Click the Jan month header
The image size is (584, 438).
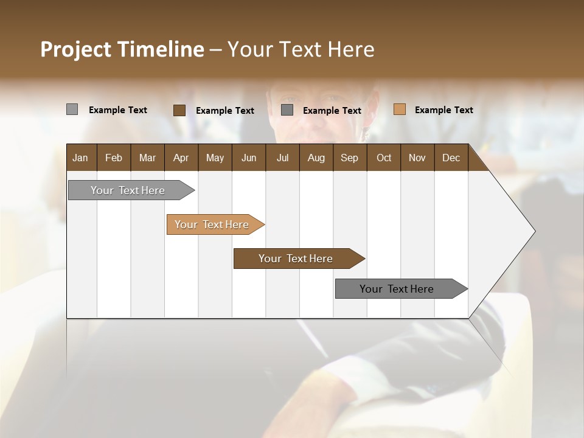(80, 158)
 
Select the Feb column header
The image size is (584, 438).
(114, 158)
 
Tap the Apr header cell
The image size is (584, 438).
(181, 158)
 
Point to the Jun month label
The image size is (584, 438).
(249, 158)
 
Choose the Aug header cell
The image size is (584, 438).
(316, 158)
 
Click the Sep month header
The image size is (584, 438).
(349, 158)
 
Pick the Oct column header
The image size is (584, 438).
(384, 158)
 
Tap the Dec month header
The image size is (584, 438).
(451, 158)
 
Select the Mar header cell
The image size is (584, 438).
(147, 158)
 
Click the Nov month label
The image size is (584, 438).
(417, 158)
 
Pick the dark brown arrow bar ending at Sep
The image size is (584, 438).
(296, 259)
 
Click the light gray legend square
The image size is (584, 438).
(72, 109)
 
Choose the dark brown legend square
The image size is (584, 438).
(179, 110)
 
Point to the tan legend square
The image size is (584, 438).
(400, 109)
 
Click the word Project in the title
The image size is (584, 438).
(75, 49)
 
